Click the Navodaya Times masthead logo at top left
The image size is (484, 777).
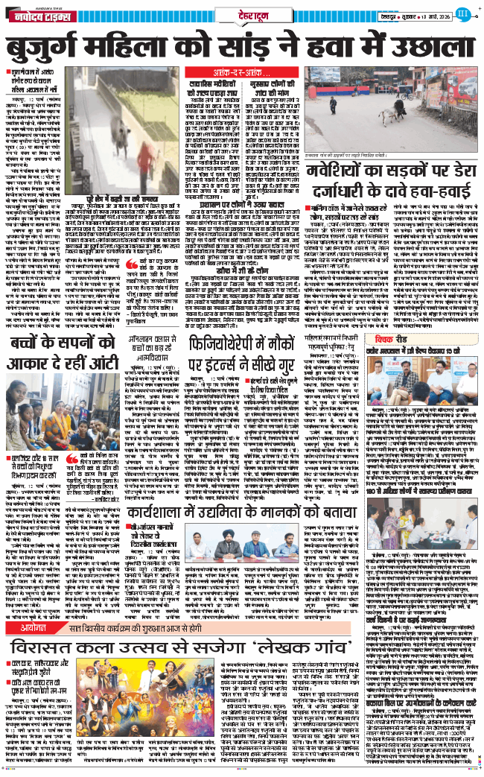pos(37,14)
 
